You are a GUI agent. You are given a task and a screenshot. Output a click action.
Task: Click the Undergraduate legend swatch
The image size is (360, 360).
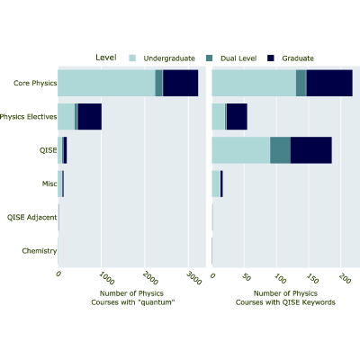point(132,58)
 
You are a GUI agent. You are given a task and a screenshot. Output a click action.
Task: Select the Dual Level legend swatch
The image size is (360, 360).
point(210,58)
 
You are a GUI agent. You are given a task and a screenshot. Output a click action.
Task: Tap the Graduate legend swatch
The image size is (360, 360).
point(271,58)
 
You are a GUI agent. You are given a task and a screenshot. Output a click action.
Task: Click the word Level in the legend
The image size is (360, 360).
point(106,58)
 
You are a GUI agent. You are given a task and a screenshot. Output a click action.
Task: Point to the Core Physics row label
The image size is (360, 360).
point(35,83)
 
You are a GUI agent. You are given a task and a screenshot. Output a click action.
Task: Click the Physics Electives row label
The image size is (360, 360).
point(29,117)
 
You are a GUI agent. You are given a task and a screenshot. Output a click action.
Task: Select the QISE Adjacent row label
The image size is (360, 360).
point(32,217)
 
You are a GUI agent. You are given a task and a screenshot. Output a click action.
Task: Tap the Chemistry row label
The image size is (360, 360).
point(40,251)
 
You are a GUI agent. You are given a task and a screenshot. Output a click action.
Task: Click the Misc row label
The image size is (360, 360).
point(49,184)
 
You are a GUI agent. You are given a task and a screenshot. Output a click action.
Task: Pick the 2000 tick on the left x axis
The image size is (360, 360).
point(150,278)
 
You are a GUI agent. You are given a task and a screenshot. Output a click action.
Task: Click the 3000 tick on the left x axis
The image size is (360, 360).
point(193,278)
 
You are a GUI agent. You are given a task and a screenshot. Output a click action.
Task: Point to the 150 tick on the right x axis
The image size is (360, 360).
point(312,278)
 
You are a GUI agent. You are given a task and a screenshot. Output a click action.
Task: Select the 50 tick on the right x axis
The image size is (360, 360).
point(247,277)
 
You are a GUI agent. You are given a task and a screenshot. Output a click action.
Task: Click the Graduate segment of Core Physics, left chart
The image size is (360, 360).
point(180,83)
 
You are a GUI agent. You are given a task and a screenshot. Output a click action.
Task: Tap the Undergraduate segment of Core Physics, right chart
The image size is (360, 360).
point(254,83)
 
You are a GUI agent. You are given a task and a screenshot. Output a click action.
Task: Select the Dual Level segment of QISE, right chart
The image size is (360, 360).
point(280,150)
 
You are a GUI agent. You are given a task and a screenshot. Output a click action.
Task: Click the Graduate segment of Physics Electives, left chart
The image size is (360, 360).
point(90,117)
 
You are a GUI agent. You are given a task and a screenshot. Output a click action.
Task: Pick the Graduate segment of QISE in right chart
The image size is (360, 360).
point(311,150)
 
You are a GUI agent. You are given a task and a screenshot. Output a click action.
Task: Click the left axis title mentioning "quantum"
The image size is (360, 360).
point(133,298)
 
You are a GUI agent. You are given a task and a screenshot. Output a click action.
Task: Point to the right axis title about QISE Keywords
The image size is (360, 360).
point(285,298)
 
